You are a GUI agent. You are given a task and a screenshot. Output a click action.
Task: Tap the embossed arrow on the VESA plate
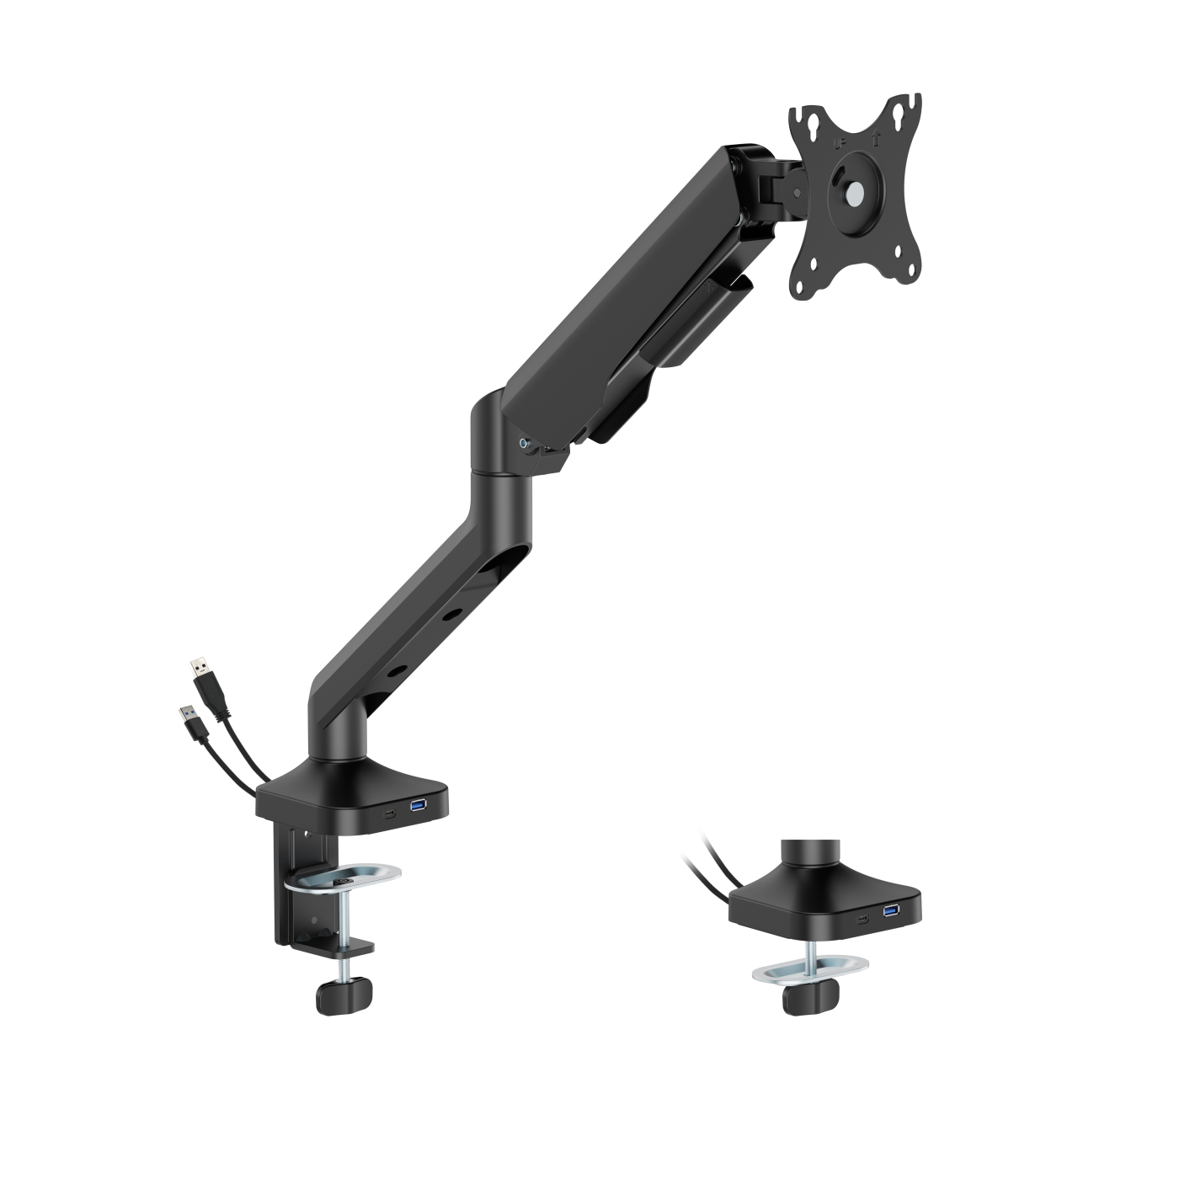pos(876,136)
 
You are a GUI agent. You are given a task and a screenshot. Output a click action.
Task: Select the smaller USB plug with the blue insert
pos(187,719)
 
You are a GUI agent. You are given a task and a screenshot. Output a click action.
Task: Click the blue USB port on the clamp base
pos(419,807)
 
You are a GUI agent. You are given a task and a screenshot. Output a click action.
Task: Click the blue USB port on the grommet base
pos(891,910)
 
